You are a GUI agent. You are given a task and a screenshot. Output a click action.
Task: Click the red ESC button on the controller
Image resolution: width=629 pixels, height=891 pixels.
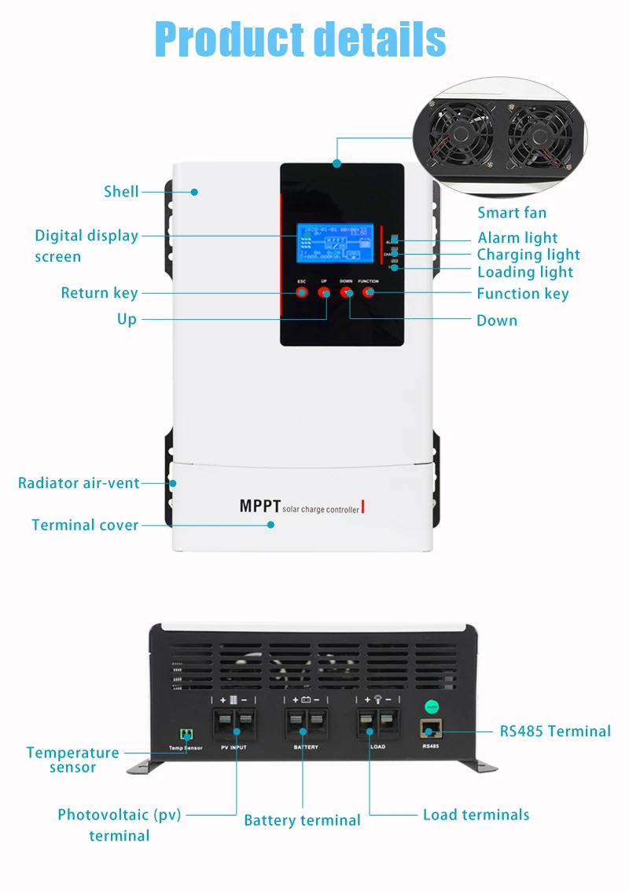coord(302,292)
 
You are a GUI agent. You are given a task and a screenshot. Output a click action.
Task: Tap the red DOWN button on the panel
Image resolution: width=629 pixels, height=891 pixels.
coord(347,292)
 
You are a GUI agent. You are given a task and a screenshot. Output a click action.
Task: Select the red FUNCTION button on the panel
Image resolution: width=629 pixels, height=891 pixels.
coord(369,292)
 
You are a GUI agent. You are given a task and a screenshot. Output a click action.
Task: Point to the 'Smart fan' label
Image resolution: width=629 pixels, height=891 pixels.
coord(512,213)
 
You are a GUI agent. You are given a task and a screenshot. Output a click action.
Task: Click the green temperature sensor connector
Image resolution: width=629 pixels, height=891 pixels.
coord(186,734)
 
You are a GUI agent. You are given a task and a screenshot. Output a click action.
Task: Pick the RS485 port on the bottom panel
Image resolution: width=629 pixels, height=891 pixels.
coord(431,730)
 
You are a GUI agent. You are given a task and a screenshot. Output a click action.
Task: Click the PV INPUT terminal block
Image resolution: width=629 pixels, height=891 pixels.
coord(234,723)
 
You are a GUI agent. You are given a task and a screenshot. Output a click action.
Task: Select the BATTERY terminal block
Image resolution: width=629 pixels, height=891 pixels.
coord(306,723)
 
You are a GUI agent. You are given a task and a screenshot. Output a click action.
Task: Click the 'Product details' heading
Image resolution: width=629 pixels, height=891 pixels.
coord(300,39)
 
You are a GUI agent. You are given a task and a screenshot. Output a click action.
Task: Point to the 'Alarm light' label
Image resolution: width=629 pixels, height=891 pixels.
coord(517,237)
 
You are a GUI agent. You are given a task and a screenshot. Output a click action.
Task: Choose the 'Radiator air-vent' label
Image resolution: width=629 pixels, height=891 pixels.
coord(79,482)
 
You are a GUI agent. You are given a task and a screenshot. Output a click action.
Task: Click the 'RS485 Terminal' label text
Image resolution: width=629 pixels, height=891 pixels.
coord(555,731)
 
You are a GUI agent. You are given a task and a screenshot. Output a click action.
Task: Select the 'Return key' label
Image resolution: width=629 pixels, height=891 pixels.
coord(99,293)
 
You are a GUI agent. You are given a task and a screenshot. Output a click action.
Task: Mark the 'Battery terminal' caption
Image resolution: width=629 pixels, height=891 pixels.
coord(302,820)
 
